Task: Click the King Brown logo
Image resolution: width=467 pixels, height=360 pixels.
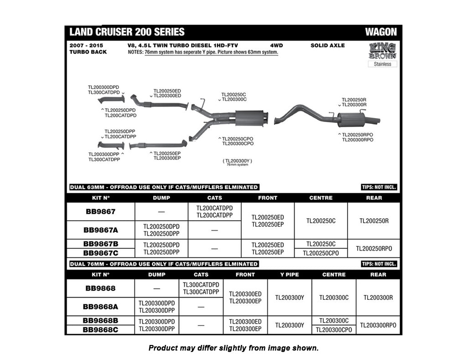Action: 382,51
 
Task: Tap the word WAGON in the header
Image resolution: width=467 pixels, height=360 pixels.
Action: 381,32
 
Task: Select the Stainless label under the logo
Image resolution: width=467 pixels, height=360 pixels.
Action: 382,64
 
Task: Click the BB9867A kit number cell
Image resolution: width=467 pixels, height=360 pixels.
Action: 100,230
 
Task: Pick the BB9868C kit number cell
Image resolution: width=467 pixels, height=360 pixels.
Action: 100,329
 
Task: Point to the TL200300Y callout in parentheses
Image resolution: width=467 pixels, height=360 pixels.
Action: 237,161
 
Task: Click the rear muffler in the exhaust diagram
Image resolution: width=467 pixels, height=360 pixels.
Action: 352,119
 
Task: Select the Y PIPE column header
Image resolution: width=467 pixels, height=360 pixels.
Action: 289,275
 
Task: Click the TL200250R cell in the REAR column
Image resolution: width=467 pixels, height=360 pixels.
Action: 374,221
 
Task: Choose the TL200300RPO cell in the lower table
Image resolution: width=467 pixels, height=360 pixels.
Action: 378,325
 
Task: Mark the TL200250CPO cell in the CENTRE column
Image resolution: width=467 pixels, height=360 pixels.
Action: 321,253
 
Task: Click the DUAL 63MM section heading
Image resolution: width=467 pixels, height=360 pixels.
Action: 164,187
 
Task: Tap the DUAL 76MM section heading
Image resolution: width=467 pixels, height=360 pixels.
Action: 164,264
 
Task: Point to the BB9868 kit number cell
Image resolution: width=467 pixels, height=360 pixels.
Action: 100,288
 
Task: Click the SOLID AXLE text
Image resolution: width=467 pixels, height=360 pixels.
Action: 327,46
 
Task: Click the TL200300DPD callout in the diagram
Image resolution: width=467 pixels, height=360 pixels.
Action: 104,87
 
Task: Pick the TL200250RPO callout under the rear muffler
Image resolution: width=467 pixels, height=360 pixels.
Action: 358,135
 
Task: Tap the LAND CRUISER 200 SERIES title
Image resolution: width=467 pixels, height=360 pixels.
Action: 127,32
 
